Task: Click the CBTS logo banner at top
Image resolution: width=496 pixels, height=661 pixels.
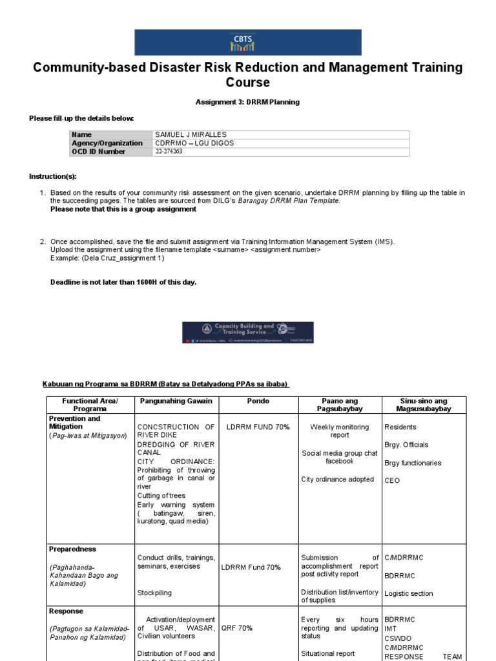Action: click(x=248, y=42)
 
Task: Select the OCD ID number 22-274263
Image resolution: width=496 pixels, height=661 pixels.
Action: click(x=169, y=152)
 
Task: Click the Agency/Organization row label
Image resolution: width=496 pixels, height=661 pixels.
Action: click(x=107, y=143)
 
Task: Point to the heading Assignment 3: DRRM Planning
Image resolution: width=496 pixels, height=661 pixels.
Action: click(x=247, y=102)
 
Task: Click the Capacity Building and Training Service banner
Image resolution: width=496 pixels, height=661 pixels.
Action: click(x=248, y=332)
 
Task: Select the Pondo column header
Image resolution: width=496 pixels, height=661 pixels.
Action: click(x=258, y=401)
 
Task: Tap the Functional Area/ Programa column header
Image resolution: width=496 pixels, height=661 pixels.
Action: click(x=90, y=405)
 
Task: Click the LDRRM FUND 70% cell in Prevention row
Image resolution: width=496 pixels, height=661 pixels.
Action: click(x=258, y=427)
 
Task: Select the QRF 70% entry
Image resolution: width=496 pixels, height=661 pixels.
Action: click(x=239, y=627)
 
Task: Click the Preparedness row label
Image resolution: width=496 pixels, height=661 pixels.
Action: click(x=72, y=549)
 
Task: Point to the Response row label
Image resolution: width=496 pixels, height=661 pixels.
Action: click(x=66, y=611)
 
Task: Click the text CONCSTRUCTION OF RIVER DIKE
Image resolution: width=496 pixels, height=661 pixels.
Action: click(x=176, y=431)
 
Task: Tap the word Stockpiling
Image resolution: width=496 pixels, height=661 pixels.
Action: click(x=154, y=592)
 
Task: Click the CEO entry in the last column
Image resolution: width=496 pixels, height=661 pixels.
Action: click(x=391, y=480)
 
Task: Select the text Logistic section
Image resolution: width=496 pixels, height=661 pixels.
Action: click(x=408, y=593)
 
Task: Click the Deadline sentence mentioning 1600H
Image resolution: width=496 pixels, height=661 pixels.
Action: click(x=123, y=282)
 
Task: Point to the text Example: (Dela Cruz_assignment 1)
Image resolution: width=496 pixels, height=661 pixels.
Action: click(x=107, y=258)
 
